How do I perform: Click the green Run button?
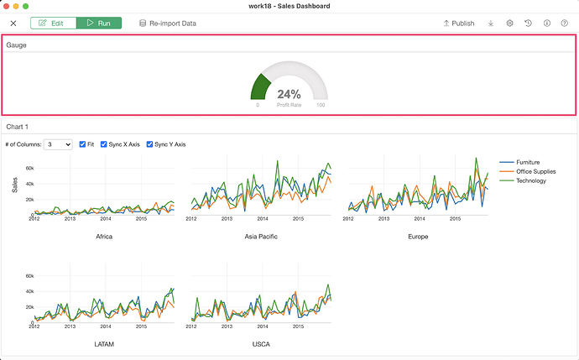[x=99, y=23]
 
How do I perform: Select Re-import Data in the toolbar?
[x=168, y=23]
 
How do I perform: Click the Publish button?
[x=459, y=23]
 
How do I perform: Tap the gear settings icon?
[x=509, y=23]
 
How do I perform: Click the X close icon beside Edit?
[x=13, y=23]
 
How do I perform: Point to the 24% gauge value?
[x=289, y=94]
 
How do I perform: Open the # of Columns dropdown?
[x=58, y=144]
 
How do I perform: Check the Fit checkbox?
[x=82, y=144]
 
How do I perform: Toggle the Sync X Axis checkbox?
[x=103, y=144]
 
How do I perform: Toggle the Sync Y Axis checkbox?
[x=149, y=144]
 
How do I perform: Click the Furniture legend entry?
[x=519, y=162]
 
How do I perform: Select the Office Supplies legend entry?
[x=527, y=171]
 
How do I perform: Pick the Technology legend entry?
[x=523, y=180]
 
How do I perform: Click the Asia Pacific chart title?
[x=261, y=237]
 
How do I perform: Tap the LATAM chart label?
[x=104, y=344]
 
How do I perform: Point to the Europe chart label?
[x=418, y=237]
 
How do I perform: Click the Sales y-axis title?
[x=15, y=185]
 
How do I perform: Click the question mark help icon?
[x=564, y=23]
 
